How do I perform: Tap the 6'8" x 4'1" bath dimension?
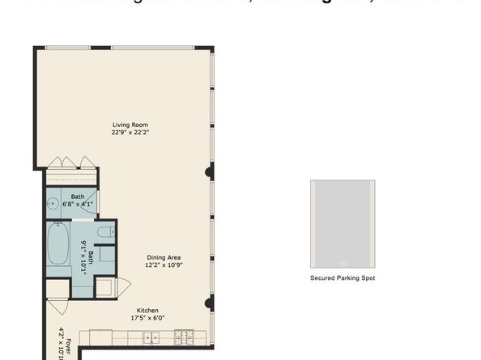click(x=78, y=204)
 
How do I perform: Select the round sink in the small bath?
click(x=53, y=204)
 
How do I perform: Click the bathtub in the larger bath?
click(x=57, y=246)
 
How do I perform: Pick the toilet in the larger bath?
click(x=104, y=232)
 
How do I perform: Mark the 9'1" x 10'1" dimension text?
click(x=83, y=258)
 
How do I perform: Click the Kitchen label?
click(x=147, y=310)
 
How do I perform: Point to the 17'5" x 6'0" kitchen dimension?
click(x=147, y=318)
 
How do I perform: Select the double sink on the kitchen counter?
click(x=151, y=336)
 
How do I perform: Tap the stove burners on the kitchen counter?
click(x=184, y=336)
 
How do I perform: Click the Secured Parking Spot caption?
click(x=343, y=277)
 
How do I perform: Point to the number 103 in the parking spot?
click(x=343, y=263)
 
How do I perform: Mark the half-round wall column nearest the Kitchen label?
click(x=210, y=304)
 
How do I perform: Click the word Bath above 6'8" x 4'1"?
click(x=78, y=197)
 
